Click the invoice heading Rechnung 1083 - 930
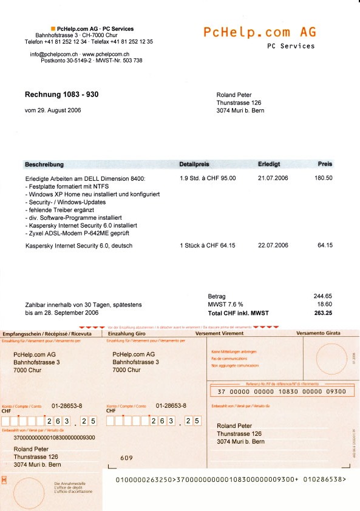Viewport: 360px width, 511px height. [x=61, y=95]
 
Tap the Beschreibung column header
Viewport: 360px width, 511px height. [x=44, y=164]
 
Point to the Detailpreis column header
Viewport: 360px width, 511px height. [x=194, y=164]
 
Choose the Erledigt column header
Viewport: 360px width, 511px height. [x=268, y=164]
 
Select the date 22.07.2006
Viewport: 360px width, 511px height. [x=273, y=246]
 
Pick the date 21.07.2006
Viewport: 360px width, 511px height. [x=273, y=178]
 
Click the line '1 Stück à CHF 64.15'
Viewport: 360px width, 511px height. [x=207, y=246]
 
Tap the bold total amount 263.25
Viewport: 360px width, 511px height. [x=322, y=313]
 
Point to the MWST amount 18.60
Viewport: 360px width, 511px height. [x=325, y=305]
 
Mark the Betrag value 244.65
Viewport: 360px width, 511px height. [x=322, y=296]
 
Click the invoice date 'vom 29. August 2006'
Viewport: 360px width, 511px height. [x=53, y=110]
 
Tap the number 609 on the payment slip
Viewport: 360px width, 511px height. [x=126, y=458]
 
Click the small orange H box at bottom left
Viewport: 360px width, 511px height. [x=5, y=480]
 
